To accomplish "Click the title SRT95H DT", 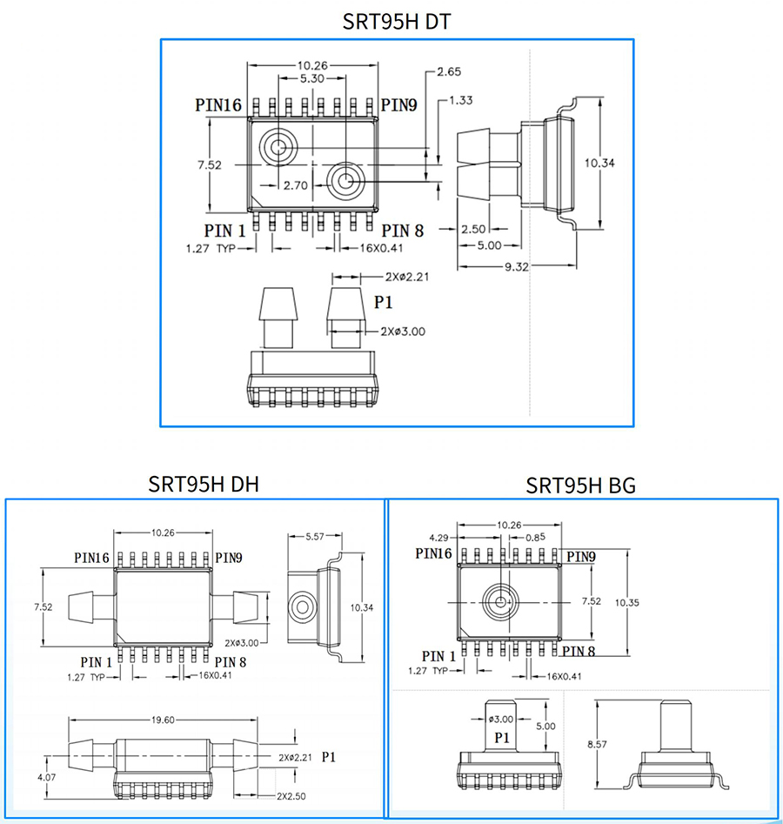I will (397, 22).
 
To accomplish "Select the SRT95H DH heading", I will (204, 484).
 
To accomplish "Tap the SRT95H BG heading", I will (580, 485).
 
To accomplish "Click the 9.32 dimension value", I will (516, 267).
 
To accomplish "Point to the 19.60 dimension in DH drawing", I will (163, 720).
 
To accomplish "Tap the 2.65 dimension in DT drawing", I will (449, 71).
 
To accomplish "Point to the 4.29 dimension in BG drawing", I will (438, 537).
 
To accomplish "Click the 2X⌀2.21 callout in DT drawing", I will (405, 277).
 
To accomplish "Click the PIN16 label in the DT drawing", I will (217, 105).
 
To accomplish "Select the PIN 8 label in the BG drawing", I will (579, 650).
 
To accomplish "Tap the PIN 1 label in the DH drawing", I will (96, 662).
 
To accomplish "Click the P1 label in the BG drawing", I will (502, 738).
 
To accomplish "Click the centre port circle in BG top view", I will (501, 601).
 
